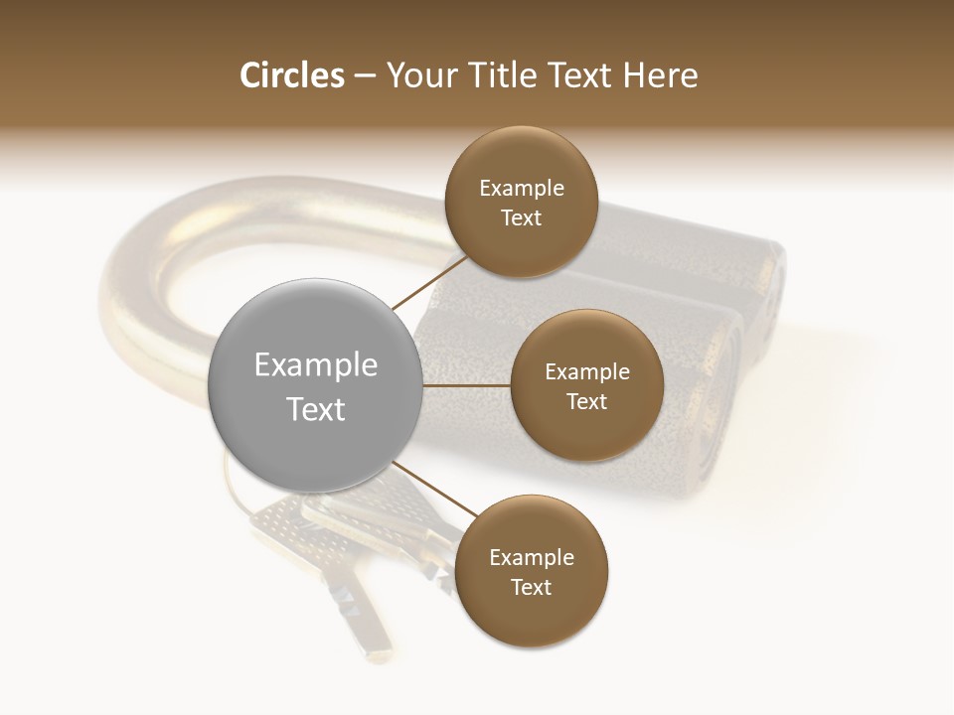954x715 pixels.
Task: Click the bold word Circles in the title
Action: tap(291, 75)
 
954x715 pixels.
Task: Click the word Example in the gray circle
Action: tap(316, 365)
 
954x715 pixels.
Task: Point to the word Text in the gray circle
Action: tap(316, 409)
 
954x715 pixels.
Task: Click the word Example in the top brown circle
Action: tap(522, 189)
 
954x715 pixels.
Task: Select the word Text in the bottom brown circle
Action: tap(532, 587)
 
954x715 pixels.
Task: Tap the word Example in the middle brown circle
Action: tap(587, 372)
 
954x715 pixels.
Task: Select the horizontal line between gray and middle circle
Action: tap(467, 385)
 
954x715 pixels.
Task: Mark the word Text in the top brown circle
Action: tap(522, 218)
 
